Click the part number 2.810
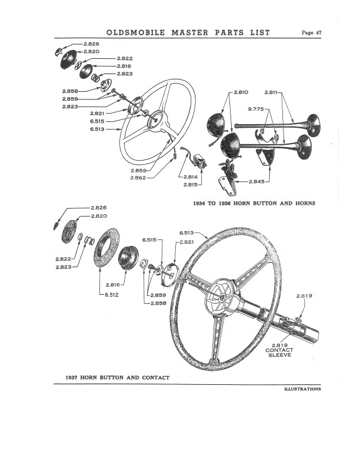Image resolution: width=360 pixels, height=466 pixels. pos(241,92)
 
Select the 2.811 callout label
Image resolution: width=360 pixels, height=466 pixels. pos(272,92)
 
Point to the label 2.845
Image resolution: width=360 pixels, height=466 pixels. pos(256,181)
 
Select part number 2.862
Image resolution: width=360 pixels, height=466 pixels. pos(139,177)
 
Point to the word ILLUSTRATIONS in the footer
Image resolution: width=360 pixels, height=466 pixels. pos(302,389)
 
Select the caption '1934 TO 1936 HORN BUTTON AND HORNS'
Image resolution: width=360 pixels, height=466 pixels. pos(254,203)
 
